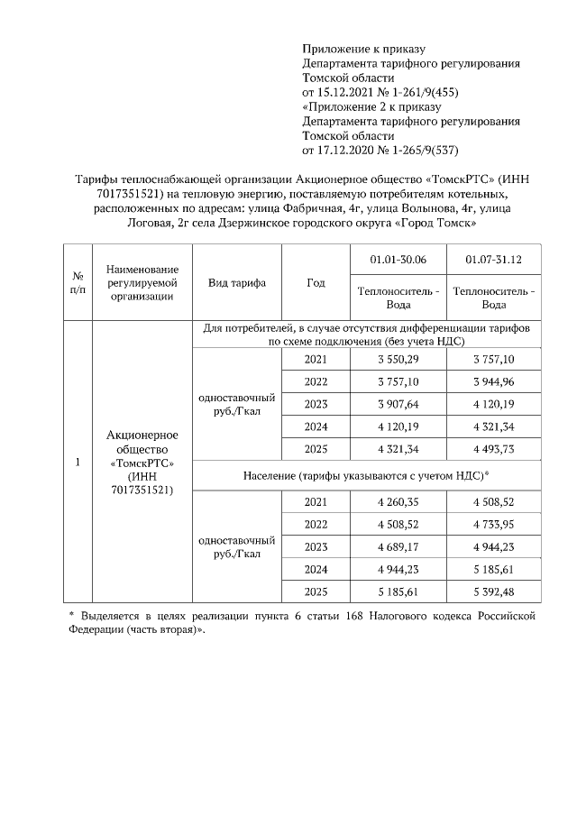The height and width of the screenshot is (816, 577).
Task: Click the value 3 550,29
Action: click(398, 359)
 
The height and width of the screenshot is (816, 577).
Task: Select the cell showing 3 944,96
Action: click(494, 380)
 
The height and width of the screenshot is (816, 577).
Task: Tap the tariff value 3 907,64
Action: click(398, 403)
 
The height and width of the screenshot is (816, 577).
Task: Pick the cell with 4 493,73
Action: click(494, 448)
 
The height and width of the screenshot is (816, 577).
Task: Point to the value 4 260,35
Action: click(398, 502)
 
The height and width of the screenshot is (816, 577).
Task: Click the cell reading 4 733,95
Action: click(494, 525)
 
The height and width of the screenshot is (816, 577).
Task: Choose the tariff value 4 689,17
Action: click(398, 546)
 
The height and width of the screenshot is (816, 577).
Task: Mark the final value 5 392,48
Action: click(494, 591)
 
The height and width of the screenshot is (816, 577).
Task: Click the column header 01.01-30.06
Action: click(398, 261)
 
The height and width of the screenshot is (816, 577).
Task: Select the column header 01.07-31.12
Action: click(494, 261)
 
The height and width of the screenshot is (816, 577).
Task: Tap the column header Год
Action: click(316, 282)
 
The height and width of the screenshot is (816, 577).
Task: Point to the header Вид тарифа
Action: click(237, 282)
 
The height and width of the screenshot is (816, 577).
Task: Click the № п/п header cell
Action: click(78, 282)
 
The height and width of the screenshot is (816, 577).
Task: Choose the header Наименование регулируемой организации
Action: click(142, 282)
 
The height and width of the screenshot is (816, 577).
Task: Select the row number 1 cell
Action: click(78, 463)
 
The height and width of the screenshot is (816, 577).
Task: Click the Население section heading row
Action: click(366, 475)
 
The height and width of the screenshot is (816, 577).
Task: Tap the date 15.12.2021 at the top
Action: click(350, 92)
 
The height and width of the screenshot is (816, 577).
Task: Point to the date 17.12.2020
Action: click(350, 150)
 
